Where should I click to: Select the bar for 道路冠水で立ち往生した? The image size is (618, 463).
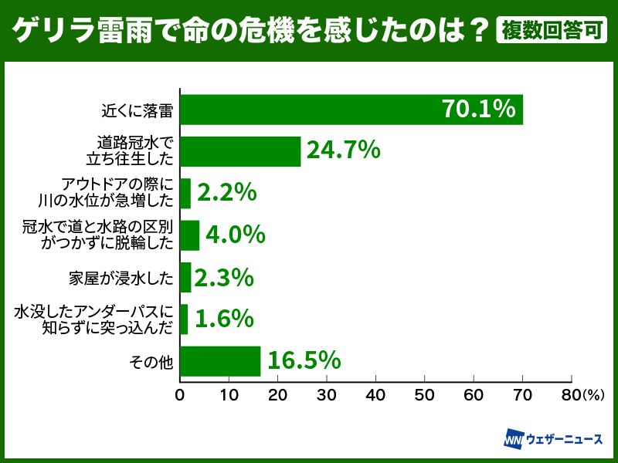[x=240, y=151]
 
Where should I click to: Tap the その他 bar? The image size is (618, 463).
[x=220, y=360]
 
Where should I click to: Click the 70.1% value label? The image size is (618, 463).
[x=479, y=110]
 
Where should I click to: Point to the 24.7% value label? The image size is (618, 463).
[x=343, y=150]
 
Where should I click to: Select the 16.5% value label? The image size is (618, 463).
[x=304, y=360]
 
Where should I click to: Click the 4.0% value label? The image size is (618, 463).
[x=236, y=235]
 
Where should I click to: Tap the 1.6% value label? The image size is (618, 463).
[x=224, y=318]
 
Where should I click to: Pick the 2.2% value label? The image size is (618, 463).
[x=226, y=192]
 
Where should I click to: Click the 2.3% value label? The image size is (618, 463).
[x=226, y=276]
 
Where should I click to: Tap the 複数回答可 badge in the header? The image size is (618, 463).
[x=552, y=31]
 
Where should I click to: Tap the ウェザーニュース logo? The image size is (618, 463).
[x=553, y=439]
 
